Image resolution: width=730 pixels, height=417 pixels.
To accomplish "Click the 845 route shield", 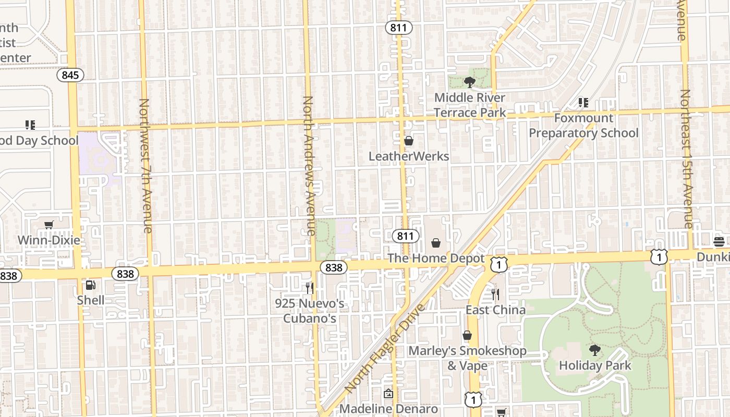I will tap(70, 75).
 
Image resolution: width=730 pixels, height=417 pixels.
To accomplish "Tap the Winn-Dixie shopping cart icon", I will tap(49, 225).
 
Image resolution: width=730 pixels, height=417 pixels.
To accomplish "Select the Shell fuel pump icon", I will tap(90, 285).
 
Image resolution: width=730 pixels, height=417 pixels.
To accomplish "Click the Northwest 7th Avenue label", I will tap(145, 166).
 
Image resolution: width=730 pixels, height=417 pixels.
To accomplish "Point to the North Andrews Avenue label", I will tap(309, 166).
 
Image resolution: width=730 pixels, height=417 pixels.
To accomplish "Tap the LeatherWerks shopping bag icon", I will tap(409, 141).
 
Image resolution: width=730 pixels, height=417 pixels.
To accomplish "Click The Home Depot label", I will tap(436, 259).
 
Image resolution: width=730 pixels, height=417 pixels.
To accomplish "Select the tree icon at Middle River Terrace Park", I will tap(469, 82).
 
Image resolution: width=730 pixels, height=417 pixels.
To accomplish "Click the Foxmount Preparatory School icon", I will tap(583, 103).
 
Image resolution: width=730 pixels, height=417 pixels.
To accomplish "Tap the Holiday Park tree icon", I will tap(594, 350).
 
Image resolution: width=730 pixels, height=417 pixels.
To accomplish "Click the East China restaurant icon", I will tap(495, 295).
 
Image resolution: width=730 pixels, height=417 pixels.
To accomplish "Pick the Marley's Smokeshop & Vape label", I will tap(467, 358).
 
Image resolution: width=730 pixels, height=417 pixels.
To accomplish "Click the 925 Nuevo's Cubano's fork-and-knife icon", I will tap(310, 288).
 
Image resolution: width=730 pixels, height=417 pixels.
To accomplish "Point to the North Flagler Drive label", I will tap(385, 348).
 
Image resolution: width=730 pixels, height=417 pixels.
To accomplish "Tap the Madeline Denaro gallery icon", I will tap(388, 394).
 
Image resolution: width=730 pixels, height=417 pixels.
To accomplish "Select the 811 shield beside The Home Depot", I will tap(405, 236).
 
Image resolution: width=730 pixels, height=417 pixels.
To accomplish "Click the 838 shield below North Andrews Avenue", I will tap(333, 267).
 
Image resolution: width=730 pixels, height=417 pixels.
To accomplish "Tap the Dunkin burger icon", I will tap(719, 241).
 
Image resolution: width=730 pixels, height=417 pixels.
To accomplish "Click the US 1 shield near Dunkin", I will tap(659, 256).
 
